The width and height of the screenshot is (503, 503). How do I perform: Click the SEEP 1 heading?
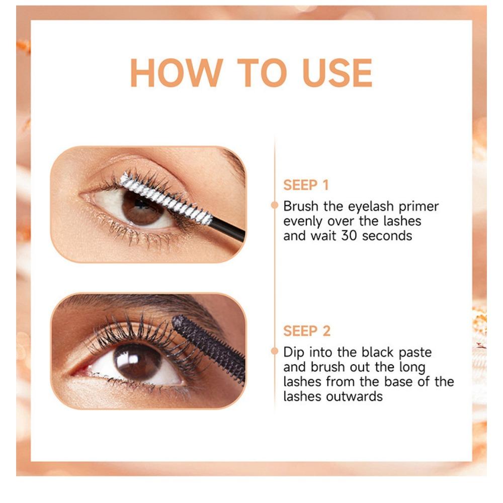click(305, 185)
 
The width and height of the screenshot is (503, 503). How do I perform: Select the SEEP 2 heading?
click(306, 331)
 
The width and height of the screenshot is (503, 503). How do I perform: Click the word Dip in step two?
click(294, 353)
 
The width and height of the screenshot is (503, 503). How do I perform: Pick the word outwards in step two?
click(354, 396)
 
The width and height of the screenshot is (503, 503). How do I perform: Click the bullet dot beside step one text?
click(275, 205)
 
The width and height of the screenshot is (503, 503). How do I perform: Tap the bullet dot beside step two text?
click(275, 351)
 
